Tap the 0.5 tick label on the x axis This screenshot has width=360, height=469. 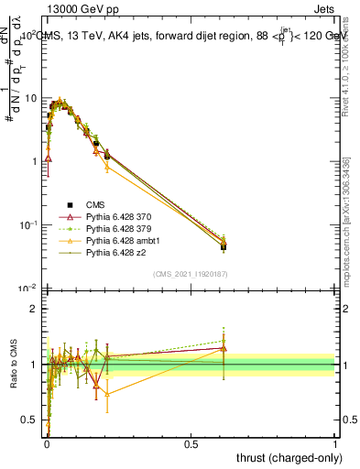[x=191, y=442]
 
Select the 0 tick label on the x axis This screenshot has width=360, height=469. [x=47, y=442]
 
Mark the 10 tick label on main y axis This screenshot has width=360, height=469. [x=29, y=98]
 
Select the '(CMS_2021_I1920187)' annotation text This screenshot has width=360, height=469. [x=191, y=273]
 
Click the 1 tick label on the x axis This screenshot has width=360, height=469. [x=335, y=442]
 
